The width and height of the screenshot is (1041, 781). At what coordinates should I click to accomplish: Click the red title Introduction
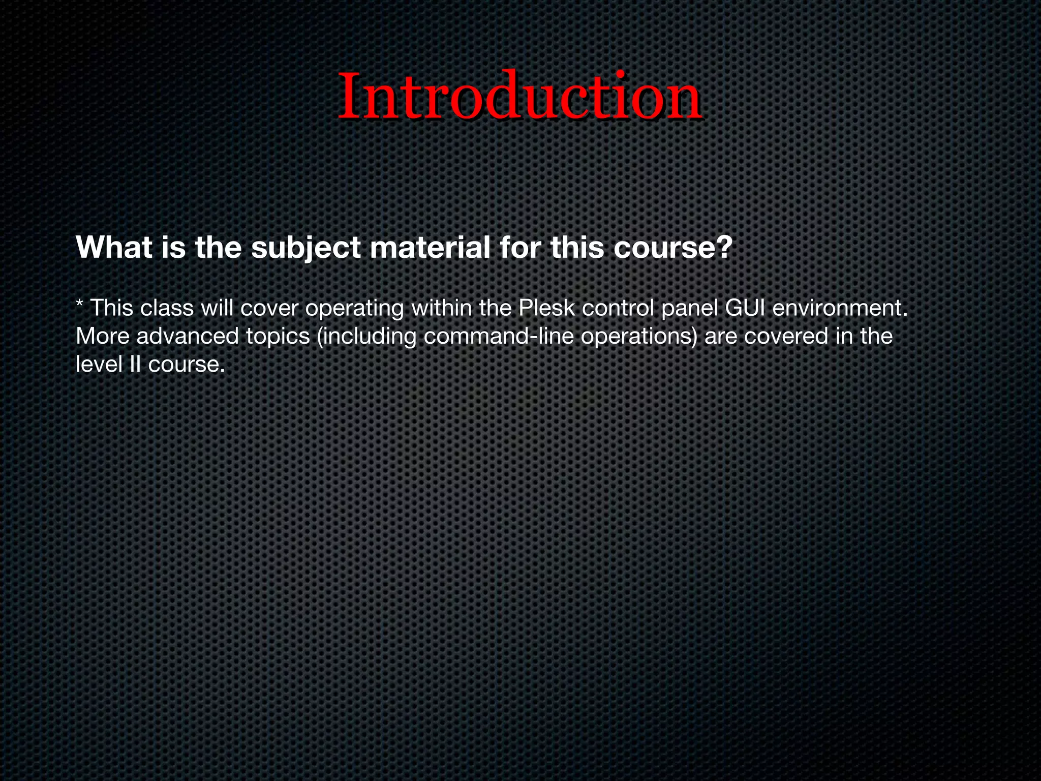(x=520, y=96)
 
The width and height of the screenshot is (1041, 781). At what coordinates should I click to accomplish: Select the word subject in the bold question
(x=305, y=248)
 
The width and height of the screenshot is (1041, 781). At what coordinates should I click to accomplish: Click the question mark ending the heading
(x=724, y=248)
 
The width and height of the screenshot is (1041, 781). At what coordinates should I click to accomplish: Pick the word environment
(x=840, y=308)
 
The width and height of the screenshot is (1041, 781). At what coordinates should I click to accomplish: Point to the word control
(x=618, y=308)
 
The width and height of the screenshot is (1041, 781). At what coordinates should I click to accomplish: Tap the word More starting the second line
(x=103, y=336)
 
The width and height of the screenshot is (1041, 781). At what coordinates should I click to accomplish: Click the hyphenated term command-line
(x=498, y=336)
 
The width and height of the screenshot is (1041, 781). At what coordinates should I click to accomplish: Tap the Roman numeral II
(x=135, y=364)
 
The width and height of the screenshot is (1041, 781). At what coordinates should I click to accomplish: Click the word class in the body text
(x=167, y=308)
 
